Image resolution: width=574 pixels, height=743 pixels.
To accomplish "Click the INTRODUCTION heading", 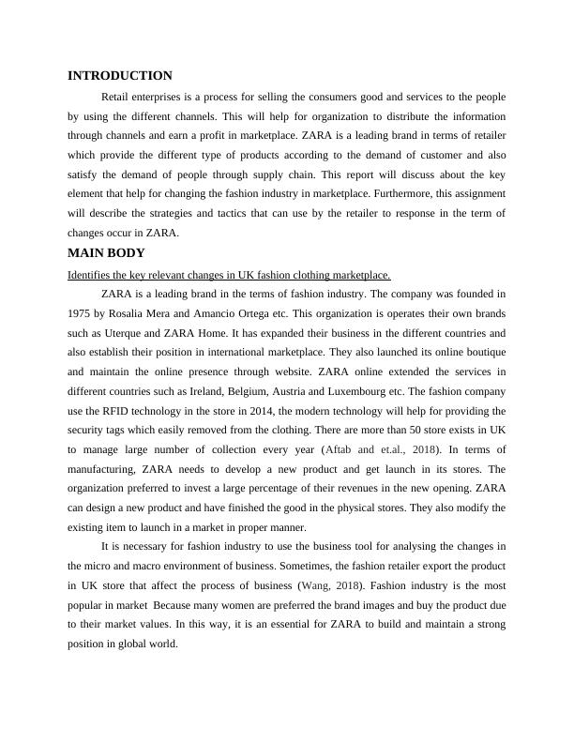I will [x=120, y=76].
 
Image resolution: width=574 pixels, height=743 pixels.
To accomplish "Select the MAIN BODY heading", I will [x=107, y=253].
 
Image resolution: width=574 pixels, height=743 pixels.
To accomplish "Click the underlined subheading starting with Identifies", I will [x=229, y=275].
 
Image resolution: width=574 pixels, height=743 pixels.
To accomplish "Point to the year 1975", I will [x=81, y=314].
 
